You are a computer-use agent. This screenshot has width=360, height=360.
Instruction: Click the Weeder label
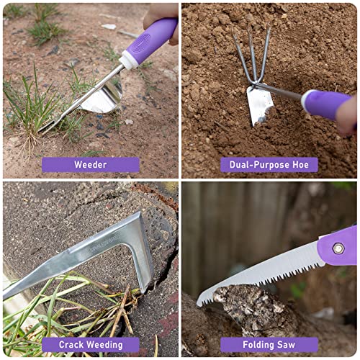(x=90, y=165)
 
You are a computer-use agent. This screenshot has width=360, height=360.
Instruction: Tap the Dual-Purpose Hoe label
(x=269, y=165)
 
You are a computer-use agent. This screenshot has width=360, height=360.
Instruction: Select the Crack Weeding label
(x=90, y=345)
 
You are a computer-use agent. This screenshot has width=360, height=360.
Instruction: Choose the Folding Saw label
(x=269, y=345)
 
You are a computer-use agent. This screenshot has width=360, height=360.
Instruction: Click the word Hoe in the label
(x=300, y=165)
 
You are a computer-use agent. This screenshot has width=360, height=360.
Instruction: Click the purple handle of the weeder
(x=153, y=38)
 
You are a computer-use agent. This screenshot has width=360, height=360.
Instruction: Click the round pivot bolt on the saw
(x=338, y=248)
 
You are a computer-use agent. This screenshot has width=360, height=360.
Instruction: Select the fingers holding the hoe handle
(x=347, y=115)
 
